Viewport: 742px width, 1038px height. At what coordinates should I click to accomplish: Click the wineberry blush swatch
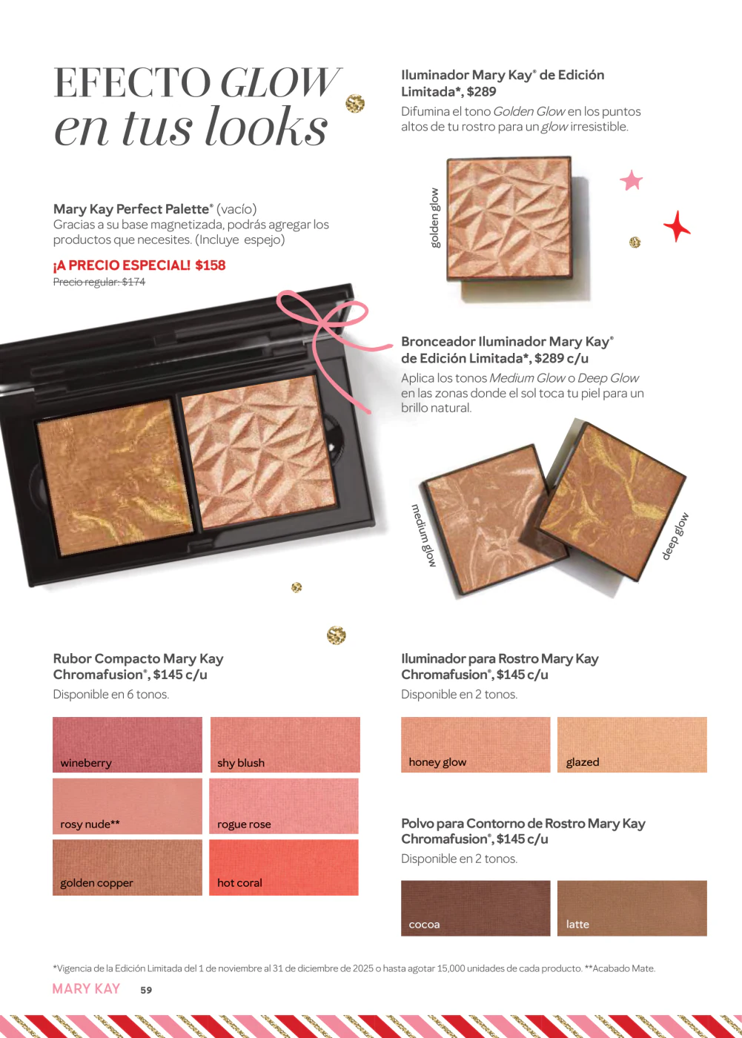coord(127,744)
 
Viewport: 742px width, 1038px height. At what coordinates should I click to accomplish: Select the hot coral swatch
coord(284,867)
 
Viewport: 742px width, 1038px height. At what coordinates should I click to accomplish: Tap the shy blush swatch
coord(285,744)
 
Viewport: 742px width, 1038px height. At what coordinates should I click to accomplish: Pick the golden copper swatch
coord(127,867)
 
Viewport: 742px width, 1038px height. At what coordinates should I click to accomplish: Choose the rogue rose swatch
coord(284,806)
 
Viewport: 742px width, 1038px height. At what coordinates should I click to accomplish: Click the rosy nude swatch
coord(127,806)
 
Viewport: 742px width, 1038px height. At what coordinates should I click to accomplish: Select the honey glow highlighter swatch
coord(476,744)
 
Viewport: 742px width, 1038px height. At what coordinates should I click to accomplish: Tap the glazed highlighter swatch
coord(632,744)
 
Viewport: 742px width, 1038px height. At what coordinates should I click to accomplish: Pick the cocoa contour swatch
coord(476,908)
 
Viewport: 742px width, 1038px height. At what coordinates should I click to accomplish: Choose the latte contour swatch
coord(632,908)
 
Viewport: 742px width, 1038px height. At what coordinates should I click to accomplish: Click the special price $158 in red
coord(211,265)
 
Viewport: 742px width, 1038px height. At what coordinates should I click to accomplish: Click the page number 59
coord(146,990)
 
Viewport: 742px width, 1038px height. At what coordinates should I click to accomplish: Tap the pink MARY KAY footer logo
coord(86,989)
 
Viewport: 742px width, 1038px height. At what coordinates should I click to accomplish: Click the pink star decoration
coord(632,180)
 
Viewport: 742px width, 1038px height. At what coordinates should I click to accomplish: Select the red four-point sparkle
coord(677,226)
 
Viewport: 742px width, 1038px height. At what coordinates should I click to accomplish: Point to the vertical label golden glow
coord(434,218)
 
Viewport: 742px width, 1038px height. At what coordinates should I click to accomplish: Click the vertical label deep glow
coord(675,536)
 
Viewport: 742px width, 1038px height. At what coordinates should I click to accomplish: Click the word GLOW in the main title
coord(279,83)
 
